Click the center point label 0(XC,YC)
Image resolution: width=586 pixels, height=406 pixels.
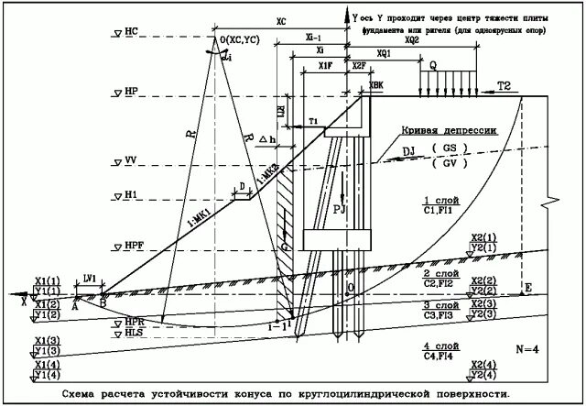pos(239,39)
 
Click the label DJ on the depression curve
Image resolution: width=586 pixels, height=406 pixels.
pos(408,153)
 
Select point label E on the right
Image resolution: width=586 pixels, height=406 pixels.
pos(526,289)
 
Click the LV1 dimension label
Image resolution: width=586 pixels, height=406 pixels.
pos(89,277)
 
